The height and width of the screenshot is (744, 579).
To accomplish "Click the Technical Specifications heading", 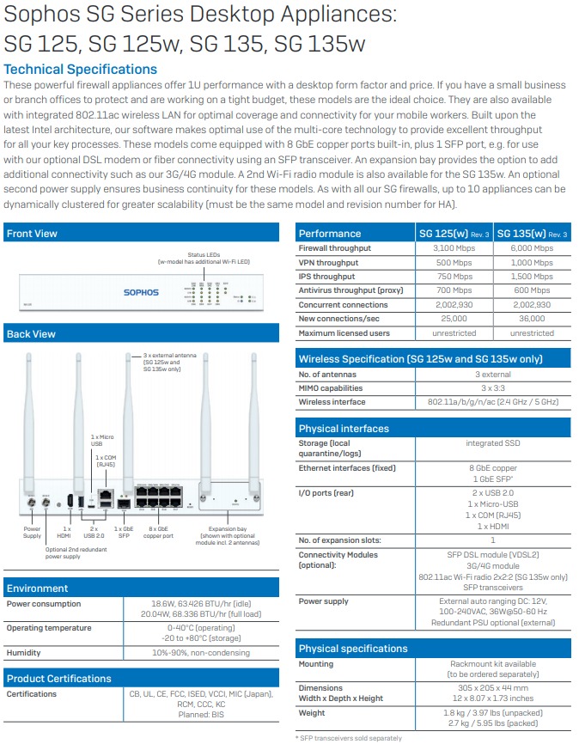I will (81, 70).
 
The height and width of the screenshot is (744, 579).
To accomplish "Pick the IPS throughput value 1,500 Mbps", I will (532, 277).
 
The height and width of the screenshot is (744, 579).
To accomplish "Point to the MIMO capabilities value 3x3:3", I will (491, 388).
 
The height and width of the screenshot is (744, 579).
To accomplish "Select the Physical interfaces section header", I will (344, 428).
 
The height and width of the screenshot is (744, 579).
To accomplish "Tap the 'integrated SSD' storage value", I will (492, 443).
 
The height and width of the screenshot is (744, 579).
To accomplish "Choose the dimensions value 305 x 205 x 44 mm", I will (492, 688).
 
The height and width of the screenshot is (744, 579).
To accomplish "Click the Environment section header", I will (37, 588).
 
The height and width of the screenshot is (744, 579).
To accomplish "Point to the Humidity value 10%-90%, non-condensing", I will (200, 653).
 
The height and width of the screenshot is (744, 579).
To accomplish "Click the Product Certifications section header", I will (58, 678).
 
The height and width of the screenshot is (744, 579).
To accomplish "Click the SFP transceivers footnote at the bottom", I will (349, 738).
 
